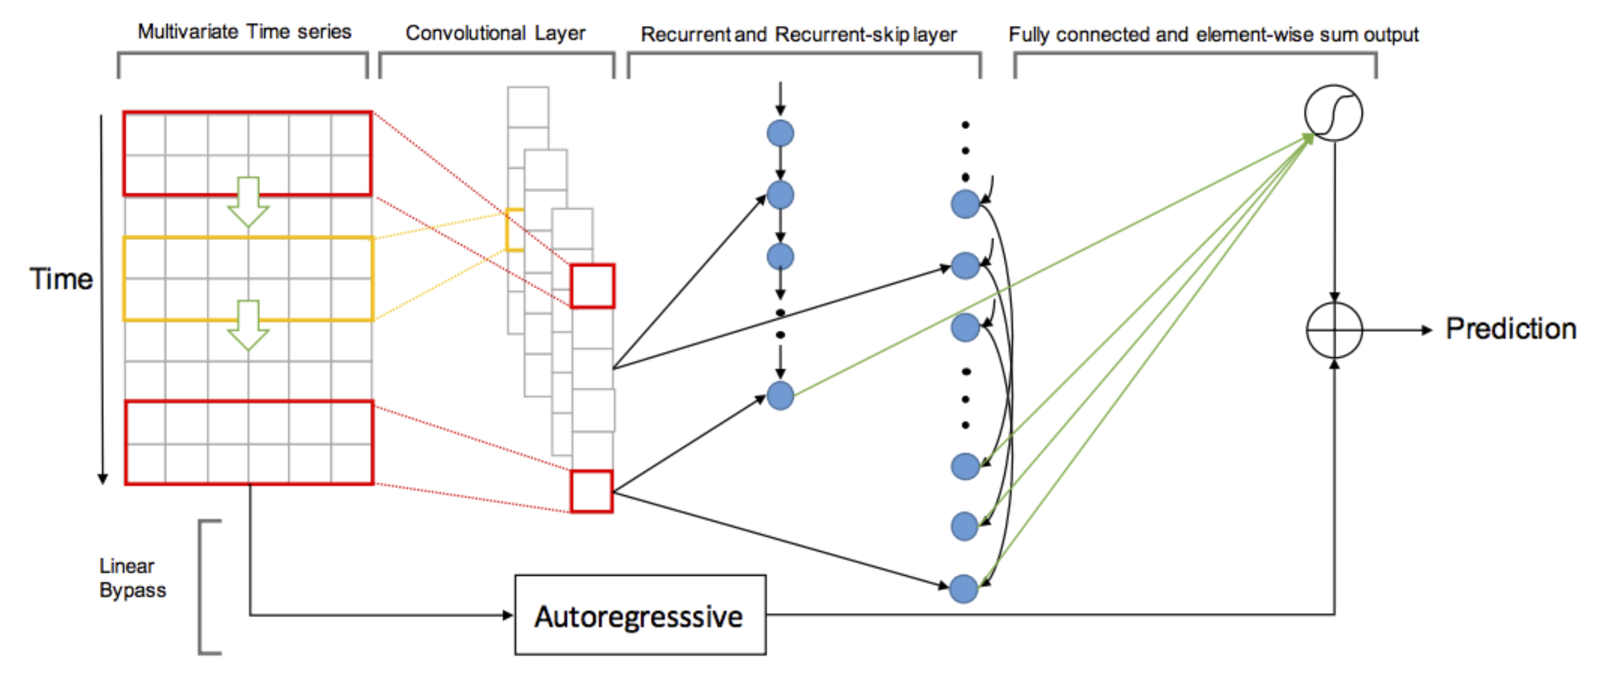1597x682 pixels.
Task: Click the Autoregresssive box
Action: pyautogui.click(x=640, y=615)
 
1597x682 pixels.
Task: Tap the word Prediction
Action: pyautogui.click(x=1510, y=328)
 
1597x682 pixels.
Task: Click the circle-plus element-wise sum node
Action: pyautogui.click(x=1334, y=330)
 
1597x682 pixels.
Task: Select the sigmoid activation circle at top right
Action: pyautogui.click(x=1334, y=113)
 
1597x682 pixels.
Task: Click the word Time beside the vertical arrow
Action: pyautogui.click(x=61, y=279)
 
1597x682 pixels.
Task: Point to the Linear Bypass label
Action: pyautogui.click(x=132, y=578)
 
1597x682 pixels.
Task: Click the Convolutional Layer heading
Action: pyautogui.click(x=495, y=33)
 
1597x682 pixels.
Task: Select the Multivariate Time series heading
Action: pyautogui.click(x=244, y=32)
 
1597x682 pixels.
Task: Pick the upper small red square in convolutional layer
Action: pyautogui.click(x=592, y=286)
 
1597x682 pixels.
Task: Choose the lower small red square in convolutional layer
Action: pyautogui.click(x=591, y=492)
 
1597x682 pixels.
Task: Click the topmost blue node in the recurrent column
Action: pyautogui.click(x=780, y=133)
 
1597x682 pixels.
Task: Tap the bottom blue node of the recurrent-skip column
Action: pyautogui.click(x=963, y=588)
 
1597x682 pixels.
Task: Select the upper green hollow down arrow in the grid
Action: pyautogui.click(x=248, y=202)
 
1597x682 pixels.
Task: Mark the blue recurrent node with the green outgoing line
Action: pyautogui.click(x=780, y=396)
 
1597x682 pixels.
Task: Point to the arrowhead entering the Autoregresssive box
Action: pyautogui.click(x=508, y=615)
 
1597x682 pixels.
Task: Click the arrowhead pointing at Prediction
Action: pyautogui.click(x=1426, y=330)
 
